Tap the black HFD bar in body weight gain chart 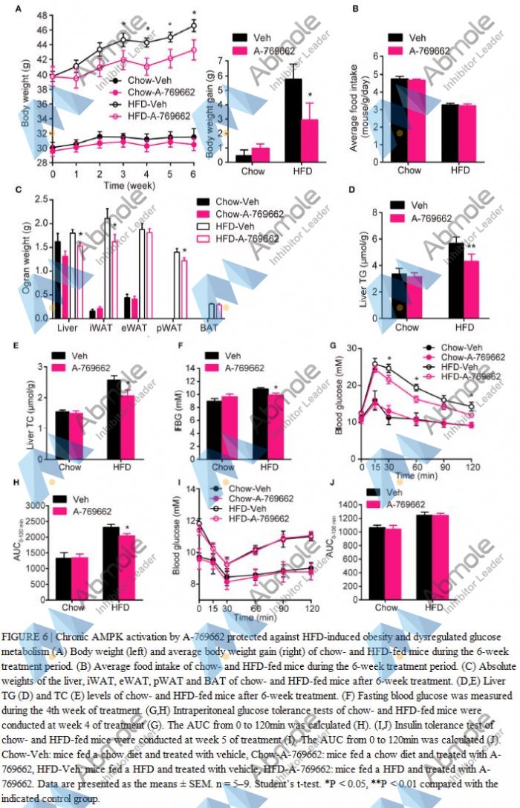pyautogui.click(x=293, y=120)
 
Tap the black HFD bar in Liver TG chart pyautogui.click(x=455, y=274)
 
